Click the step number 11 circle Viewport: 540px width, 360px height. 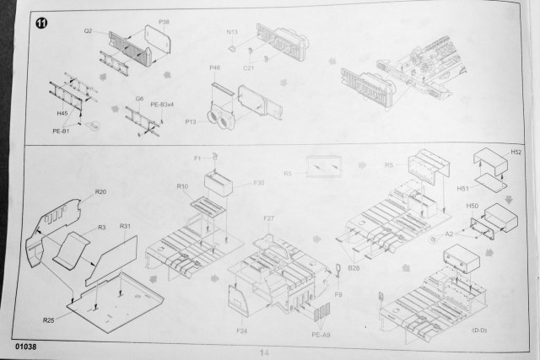41,24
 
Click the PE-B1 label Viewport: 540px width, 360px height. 59,131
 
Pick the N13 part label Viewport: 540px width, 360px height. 232,31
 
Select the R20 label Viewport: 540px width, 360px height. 100,192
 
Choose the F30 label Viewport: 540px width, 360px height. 258,182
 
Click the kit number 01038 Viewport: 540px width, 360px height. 26,347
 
